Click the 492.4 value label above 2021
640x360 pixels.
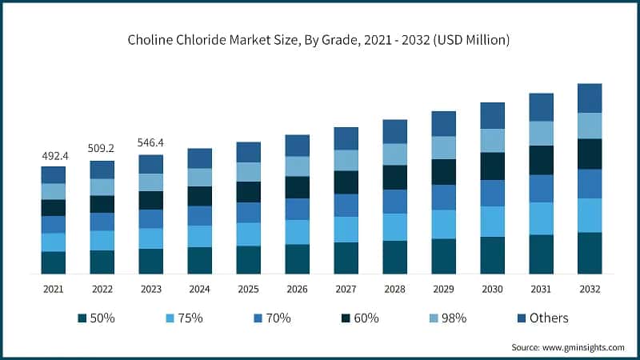(54, 156)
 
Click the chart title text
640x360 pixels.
(320, 39)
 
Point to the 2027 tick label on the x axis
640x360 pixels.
(346, 288)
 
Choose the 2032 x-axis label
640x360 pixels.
(590, 288)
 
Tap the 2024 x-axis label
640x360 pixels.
(200, 288)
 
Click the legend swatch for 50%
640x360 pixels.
(82, 318)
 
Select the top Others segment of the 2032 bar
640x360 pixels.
(590, 98)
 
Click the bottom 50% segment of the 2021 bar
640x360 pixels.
(54, 263)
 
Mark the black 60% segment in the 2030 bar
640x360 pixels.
(492, 166)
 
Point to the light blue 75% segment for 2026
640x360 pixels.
(298, 232)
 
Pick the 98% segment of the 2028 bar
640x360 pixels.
(394, 154)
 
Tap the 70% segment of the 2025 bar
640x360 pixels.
(249, 212)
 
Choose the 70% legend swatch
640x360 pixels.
(258, 318)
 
